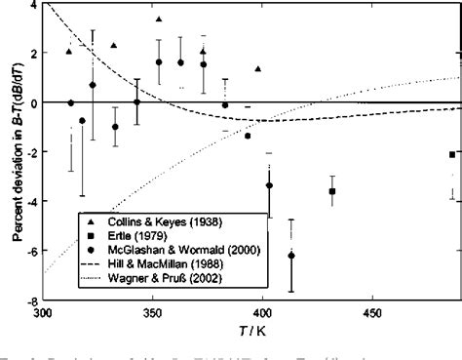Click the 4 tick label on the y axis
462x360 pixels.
34,4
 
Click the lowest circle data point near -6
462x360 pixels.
291,256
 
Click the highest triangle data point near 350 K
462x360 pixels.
159,20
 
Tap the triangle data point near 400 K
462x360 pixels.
258,69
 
